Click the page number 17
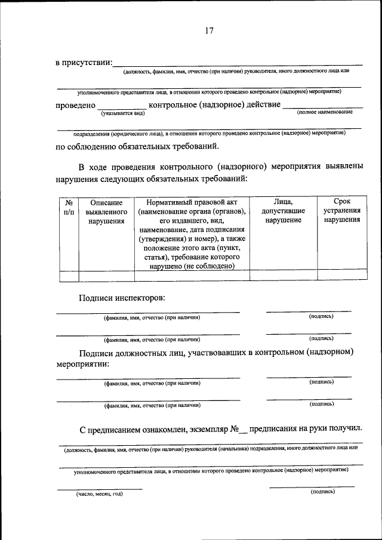(x=209, y=31)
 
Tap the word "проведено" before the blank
(x=76, y=105)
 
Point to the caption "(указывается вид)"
(x=123, y=112)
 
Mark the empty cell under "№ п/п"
(x=69, y=276)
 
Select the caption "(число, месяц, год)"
(x=99, y=494)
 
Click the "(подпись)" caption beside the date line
(x=322, y=492)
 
